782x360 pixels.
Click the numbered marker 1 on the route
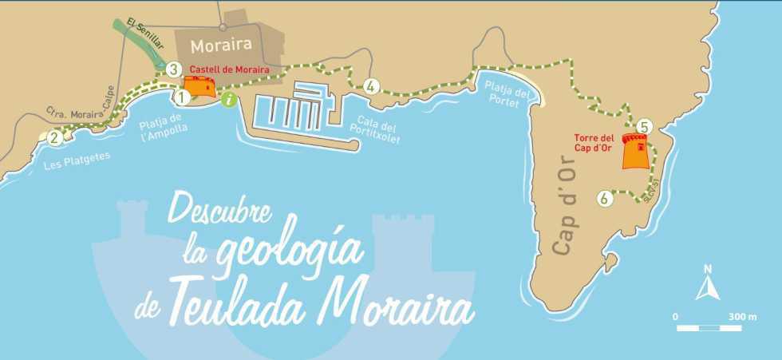point(182,97)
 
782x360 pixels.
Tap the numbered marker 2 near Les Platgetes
point(54,136)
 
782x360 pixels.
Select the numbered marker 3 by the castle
point(174,70)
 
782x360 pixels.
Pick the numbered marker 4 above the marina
point(370,86)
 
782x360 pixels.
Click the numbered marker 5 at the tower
point(645,126)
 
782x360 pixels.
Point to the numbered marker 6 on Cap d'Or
point(606,197)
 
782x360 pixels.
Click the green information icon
point(230,100)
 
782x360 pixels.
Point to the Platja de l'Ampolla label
point(162,125)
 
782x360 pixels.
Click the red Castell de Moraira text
point(230,69)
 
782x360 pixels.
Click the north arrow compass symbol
point(707,283)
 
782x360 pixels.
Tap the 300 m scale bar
point(715,326)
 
